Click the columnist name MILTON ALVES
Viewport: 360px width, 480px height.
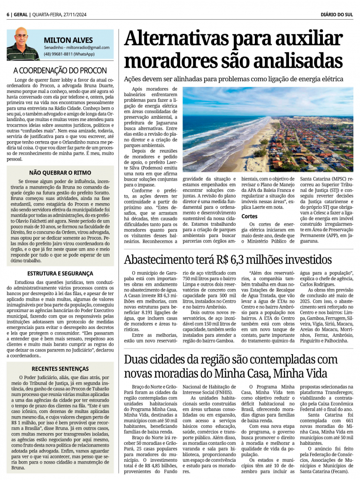(68, 40)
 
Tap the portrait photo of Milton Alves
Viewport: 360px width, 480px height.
(23, 45)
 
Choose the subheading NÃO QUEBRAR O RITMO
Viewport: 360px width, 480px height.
(60, 172)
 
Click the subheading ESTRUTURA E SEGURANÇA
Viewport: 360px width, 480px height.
(60, 273)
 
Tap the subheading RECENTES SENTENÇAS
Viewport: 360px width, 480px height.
(60, 369)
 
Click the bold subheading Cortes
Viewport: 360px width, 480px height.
(249, 216)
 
